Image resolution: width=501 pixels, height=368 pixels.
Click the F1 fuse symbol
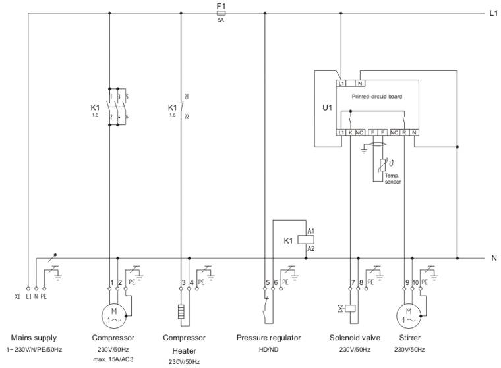click(221, 13)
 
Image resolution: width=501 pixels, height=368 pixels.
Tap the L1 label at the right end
click(493, 13)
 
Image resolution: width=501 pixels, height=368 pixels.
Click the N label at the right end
click(494, 258)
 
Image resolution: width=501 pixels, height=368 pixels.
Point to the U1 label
click(327, 106)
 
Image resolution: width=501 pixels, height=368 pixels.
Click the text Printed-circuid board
click(376, 96)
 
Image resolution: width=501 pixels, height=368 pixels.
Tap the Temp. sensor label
click(392, 178)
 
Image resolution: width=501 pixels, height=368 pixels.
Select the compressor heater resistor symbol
click(181, 311)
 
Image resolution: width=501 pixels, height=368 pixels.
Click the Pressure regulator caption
click(268, 338)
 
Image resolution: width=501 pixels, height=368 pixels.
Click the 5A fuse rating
click(221, 20)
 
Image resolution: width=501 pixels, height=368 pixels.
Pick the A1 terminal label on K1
click(311, 231)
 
